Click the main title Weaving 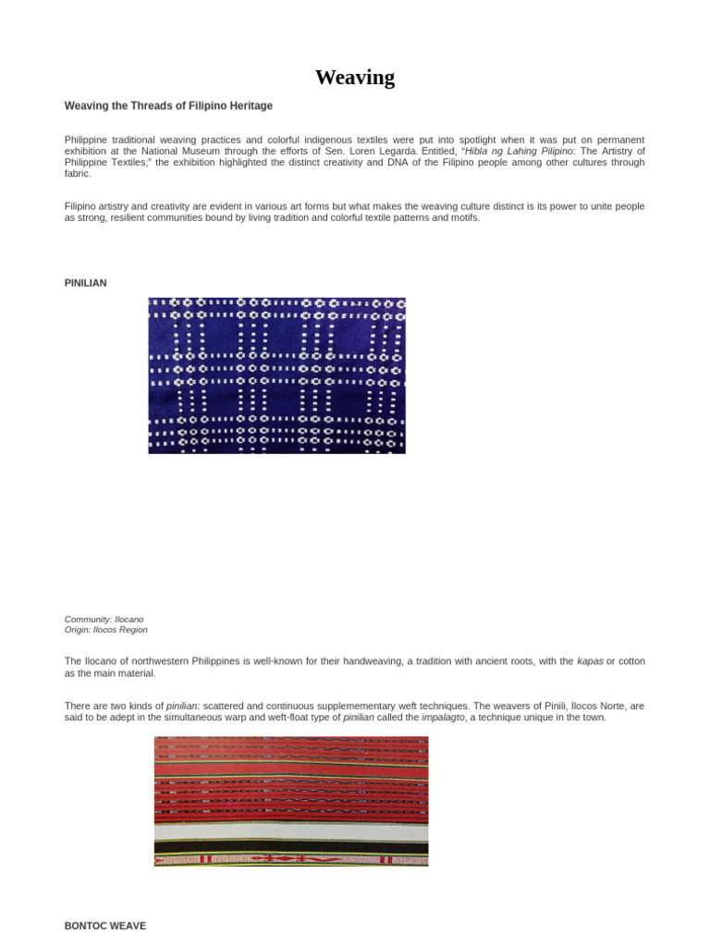point(354,78)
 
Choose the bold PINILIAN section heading point(85,283)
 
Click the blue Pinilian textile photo point(276,375)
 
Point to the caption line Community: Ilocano point(104,619)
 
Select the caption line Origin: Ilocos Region point(105,630)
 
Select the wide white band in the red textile point(290,831)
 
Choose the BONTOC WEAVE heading point(104,925)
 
